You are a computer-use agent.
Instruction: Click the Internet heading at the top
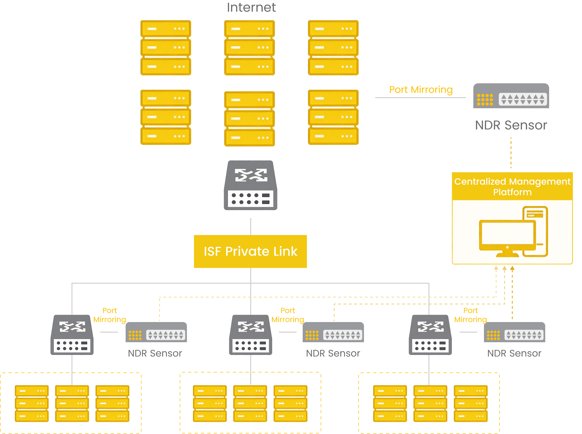coord(251,7)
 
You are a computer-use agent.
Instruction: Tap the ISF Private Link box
coord(250,251)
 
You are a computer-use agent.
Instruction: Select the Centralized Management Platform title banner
coord(512,186)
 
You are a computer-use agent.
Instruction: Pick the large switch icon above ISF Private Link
coord(250,185)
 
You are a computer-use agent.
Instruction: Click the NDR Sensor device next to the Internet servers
coord(511,96)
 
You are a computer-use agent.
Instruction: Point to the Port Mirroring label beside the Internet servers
coord(421,90)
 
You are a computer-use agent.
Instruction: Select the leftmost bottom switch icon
coord(72,335)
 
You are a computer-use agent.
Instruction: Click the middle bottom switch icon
coord(250,335)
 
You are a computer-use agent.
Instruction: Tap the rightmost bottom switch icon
coord(430,335)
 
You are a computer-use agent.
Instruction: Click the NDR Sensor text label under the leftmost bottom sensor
coord(155,353)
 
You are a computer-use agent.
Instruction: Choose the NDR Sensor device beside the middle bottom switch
coord(333,332)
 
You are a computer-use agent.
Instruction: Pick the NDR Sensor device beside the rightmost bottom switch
coord(514,332)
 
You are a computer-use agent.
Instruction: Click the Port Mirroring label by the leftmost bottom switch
coord(109,315)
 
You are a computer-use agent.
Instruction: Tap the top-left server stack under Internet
coord(166,48)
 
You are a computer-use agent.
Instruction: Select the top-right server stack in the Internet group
coord(333,48)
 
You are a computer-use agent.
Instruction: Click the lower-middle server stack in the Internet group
coord(249,119)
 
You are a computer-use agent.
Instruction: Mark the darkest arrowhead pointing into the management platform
coord(512,268)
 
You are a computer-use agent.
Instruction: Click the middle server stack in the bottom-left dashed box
coord(72,403)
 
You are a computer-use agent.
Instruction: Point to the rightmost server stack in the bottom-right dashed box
coord(470,403)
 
